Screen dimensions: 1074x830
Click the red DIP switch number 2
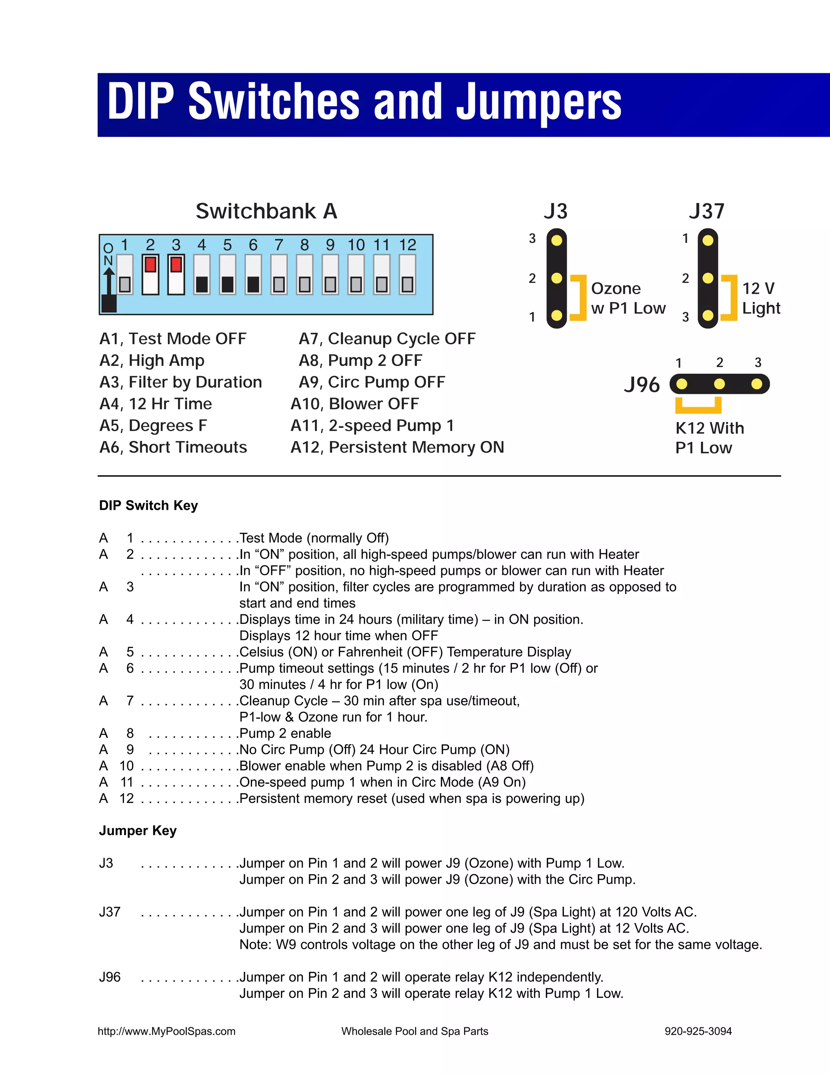coord(150,265)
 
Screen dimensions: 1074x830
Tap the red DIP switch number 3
coord(176,265)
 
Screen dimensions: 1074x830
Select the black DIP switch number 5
coord(227,284)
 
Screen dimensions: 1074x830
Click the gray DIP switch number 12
coord(407,284)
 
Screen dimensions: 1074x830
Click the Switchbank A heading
coord(266,212)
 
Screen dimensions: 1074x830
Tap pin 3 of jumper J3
coord(556,240)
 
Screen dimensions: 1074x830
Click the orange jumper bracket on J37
coord(731,297)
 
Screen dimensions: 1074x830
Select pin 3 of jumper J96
coord(757,384)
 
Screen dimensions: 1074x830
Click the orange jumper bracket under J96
coord(698,406)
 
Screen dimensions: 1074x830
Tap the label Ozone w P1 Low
coord(628,298)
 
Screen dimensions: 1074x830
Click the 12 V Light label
coord(761,298)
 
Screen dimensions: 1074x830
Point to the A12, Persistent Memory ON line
coord(397,447)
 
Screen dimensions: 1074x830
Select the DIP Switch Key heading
coord(148,505)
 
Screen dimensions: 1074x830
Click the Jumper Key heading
coord(138,830)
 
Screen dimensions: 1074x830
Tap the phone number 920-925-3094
coord(698,1031)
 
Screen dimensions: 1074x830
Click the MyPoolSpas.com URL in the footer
coord(166,1031)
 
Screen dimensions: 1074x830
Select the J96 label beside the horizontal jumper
coord(642,385)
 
